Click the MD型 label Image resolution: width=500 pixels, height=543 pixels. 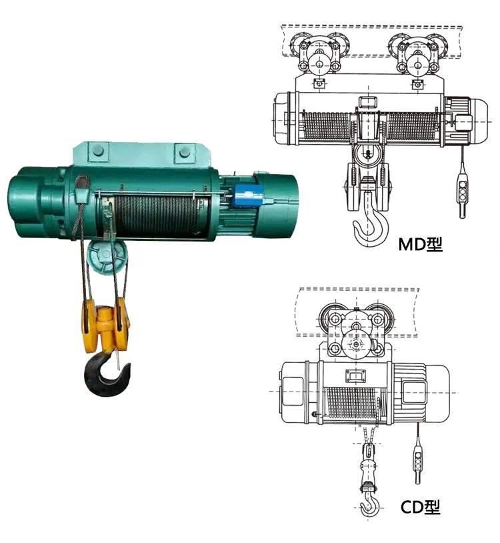[420, 244]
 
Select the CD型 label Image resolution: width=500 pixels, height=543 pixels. [420, 508]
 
